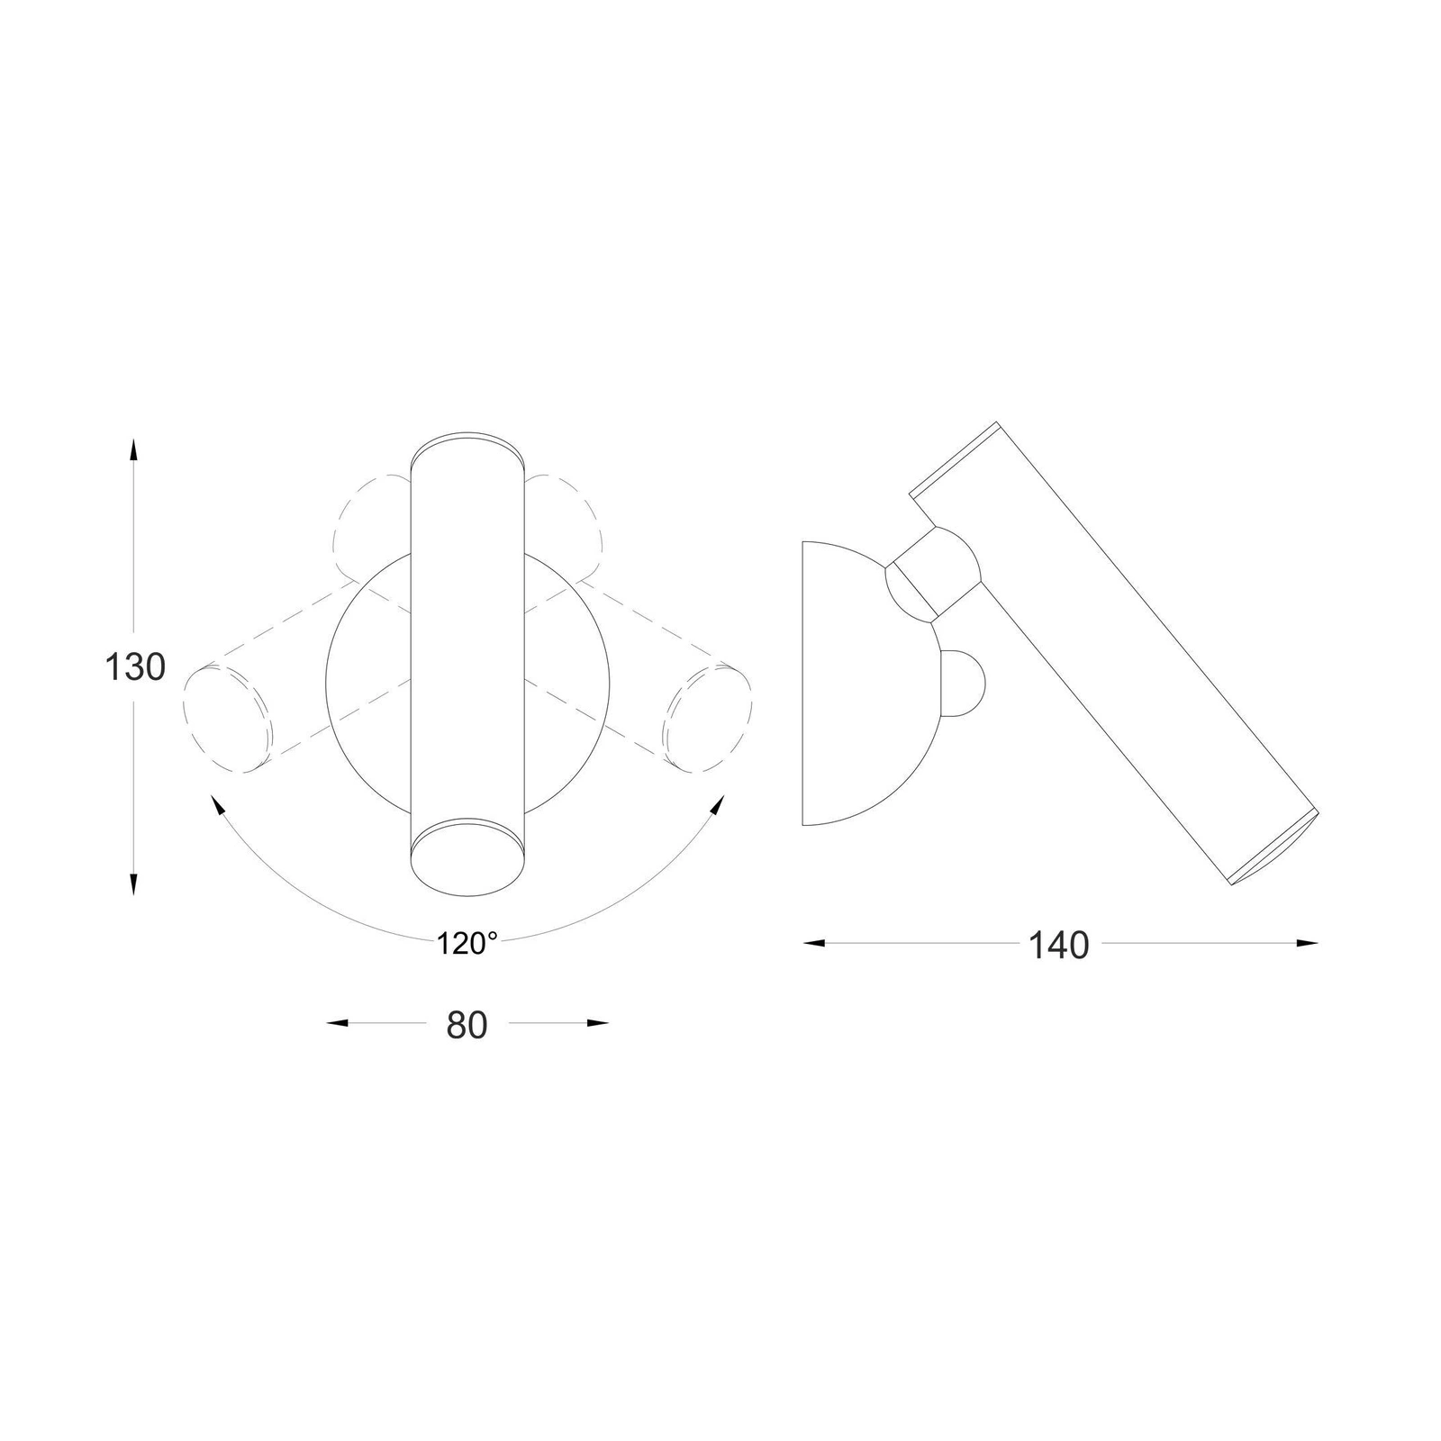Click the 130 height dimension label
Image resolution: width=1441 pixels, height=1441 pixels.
click(135, 667)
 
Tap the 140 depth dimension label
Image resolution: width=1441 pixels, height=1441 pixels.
click(1058, 945)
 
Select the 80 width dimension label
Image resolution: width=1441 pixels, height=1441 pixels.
click(467, 1025)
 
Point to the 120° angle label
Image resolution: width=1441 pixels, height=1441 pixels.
click(467, 943)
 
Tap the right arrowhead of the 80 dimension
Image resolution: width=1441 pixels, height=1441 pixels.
click(596, 1023)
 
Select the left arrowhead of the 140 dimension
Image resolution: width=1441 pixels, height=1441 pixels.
click(815, 943)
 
